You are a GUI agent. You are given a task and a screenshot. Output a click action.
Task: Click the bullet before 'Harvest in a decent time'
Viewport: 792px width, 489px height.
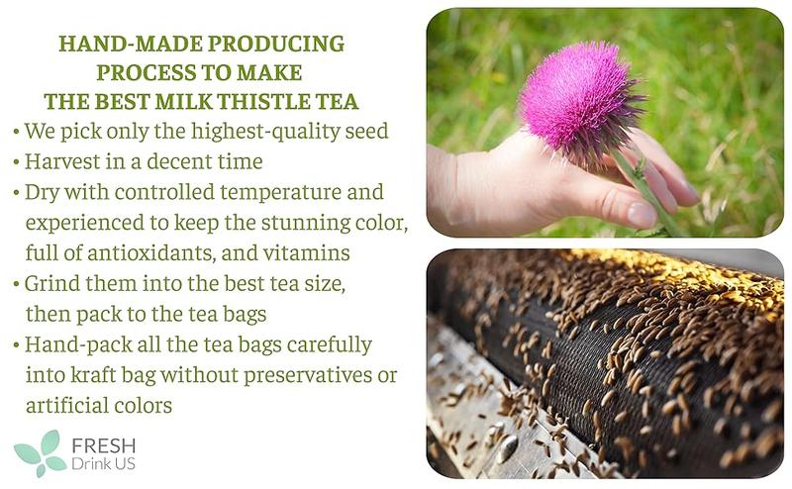pos(16,161)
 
